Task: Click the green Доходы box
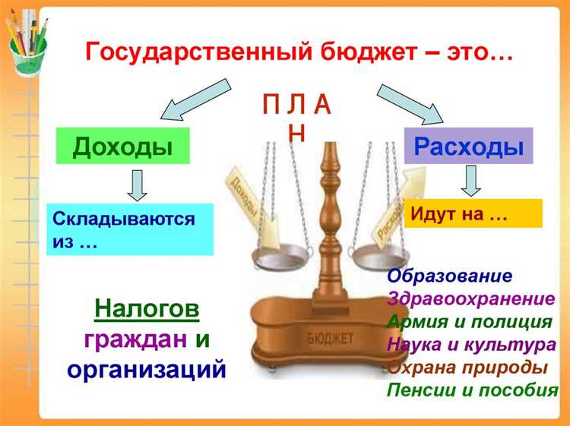pos(122,146)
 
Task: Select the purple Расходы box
pos(468,146)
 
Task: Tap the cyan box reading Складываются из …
pos(129,229)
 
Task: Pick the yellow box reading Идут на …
pos(473,213)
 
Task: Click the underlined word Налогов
pos(147,310)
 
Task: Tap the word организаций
pos(147,370)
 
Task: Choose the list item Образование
pos(450,276)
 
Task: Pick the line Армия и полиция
pos(469,322)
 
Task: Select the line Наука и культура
pos(471,345)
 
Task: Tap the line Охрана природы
pos(467,368)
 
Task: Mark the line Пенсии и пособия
pos(472,390)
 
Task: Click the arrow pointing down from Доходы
pos(138,185)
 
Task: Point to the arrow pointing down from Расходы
pos(471,181)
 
